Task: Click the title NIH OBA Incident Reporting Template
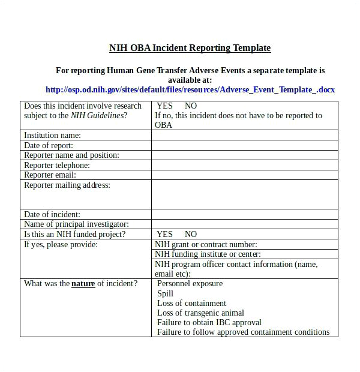click(190, 48)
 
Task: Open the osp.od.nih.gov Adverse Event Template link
click(190, 90)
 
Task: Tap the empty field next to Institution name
click(244, 136)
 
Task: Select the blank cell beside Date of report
click(244, 145)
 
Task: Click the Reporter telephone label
click(57, 165)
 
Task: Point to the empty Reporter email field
click(244, 175)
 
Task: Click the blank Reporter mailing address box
click(244, 194)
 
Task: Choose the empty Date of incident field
click(244, 214)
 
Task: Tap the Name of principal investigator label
click(76, 224)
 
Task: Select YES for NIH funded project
click(164, 234)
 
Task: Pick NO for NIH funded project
click(191, 234)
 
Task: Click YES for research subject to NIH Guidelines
click(164, 106)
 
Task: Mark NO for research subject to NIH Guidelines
click(191, 106)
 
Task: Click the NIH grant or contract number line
click(206, 244)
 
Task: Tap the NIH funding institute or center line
click(208, 254)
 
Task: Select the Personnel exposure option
click(190, 284)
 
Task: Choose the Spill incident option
click(166, 293)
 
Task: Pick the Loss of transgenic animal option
click(200, 313)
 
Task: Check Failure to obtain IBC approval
click(209, 322)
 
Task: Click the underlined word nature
click(83, 284)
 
